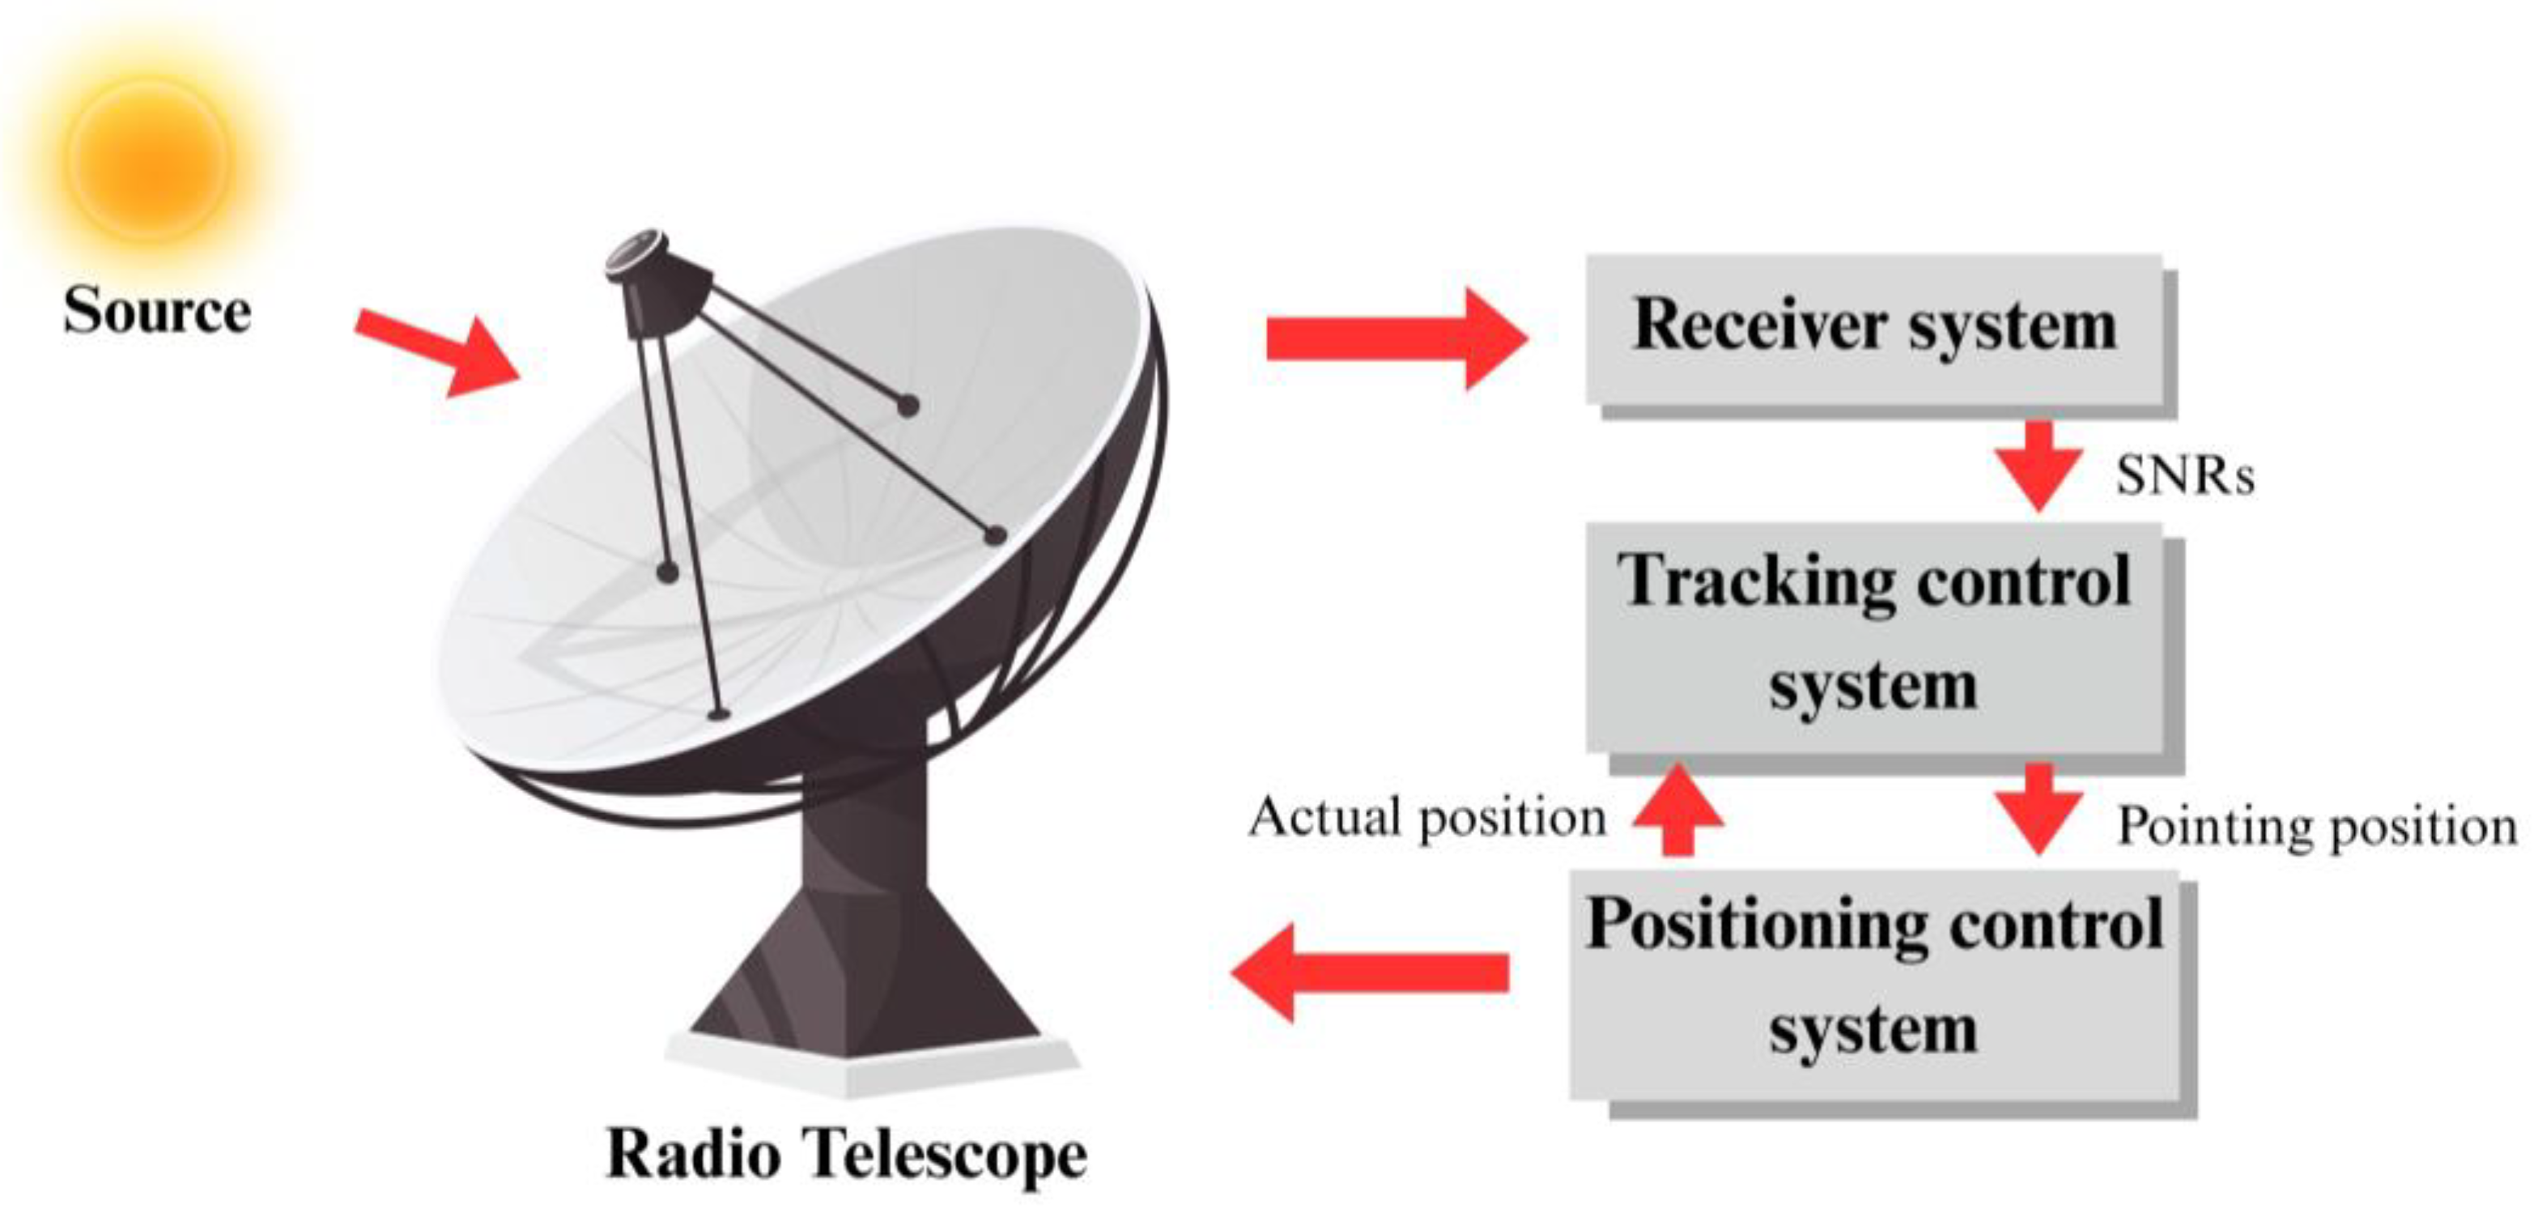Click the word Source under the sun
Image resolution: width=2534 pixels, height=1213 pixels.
157,311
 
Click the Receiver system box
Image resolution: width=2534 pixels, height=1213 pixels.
1875,330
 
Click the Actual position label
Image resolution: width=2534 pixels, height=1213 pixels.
1426,816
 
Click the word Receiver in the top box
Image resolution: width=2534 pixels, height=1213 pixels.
1761,325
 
